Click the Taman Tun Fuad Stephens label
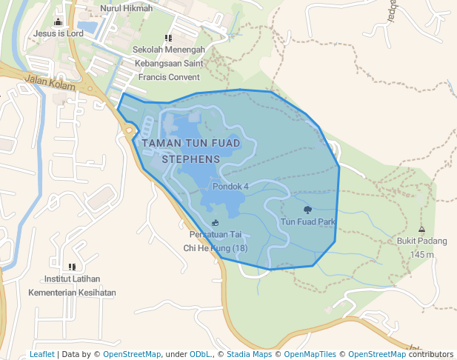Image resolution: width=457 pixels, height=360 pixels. tap(191, 150)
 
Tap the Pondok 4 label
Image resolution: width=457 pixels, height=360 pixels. tap(230, 186)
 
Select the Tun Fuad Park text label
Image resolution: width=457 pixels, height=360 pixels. tap(308, 221)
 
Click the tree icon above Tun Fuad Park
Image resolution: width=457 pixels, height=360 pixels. tap(308, 210)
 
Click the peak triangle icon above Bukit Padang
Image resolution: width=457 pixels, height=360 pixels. tap(421, 230)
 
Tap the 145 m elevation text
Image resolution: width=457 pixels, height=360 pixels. tap(421, 254)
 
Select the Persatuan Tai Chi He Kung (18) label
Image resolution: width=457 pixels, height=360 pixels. tap(215, 242)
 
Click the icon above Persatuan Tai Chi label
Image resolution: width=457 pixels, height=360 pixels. tap(215, 223)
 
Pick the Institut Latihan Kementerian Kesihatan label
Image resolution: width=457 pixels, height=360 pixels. tap(72, 286)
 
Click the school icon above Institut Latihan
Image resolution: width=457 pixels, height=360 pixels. tap(72, 267)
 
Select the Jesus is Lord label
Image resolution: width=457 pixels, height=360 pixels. tap(59, 33)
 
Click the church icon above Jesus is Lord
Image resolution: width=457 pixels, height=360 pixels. tap(59, 21)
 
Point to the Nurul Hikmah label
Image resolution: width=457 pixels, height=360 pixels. tap(126, 8)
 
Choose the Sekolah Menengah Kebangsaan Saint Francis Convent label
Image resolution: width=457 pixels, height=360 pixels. tap(168, 63)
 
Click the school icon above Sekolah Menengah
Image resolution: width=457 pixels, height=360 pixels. tap(168, 37)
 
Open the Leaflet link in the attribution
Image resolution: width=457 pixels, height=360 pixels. tap(42, 354)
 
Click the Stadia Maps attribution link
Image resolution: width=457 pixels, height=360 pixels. tap(249, 354)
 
